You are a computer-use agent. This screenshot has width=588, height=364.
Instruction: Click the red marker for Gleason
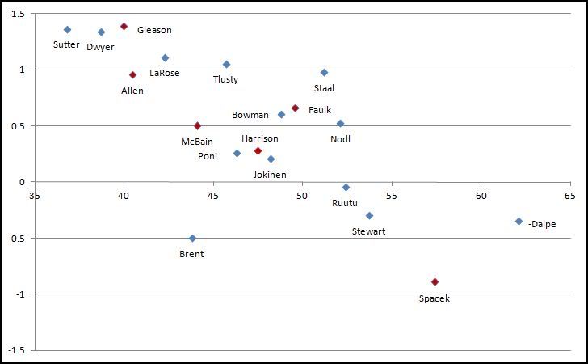coord(124,26)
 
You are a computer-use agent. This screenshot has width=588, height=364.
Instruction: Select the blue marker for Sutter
coord(67,29)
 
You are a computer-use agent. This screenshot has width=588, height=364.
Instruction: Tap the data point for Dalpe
coord(519,221)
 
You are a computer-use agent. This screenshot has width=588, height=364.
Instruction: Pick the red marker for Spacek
coord(435,281)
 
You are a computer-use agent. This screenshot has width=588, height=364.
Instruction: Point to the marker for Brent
coord(192,238)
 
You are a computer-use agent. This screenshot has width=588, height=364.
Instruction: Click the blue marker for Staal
coord(324,72)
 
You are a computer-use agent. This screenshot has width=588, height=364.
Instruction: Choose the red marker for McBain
coord(197,125)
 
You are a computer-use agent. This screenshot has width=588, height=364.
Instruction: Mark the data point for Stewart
coord(369,215)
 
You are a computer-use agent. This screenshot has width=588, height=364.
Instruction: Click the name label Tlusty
coord(225,79)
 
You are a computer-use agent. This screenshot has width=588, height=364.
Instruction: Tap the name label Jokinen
coord(270,174)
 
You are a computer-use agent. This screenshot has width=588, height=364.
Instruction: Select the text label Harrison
coord(259,138)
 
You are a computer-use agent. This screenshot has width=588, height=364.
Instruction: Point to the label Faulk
coord(320,110)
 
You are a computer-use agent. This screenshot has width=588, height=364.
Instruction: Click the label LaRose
coord(164,73)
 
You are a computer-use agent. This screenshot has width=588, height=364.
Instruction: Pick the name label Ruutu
coord(345,203)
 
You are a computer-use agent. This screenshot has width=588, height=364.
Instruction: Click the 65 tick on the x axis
coord(569,195)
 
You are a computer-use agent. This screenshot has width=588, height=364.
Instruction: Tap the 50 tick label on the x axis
coord(302,195)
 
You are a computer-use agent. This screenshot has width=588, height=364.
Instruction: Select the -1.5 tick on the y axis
coord(15,350)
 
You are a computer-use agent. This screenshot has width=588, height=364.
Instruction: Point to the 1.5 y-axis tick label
coord(18,14)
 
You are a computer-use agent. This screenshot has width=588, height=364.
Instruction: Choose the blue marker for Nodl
coord(340,123)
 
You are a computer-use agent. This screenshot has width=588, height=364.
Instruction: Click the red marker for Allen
coord(132,74)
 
